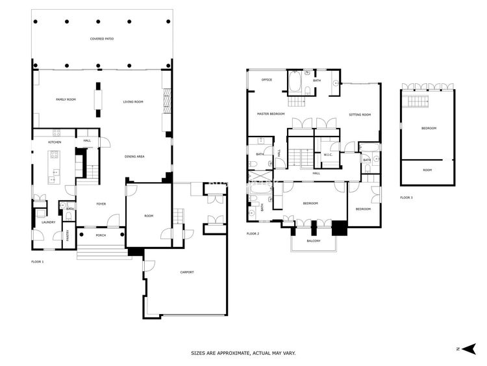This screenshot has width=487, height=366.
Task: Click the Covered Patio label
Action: click(x=102, y=39)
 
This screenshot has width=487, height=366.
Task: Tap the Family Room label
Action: click(x=66, y=99)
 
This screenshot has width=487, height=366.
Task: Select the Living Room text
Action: click(x=133, y=101)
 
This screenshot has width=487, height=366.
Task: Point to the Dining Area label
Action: click(x=134, y=157)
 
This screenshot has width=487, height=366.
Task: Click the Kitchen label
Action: click(x=55, y=142)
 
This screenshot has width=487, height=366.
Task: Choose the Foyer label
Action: click(x=101, y=204)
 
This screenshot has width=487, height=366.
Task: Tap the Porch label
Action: click(x=101, y=235)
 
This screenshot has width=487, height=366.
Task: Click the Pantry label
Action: click(x=68, y=235)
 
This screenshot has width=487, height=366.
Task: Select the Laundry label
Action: click(x=49, y=222)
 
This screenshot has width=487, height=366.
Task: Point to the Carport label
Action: click(x=187, y=272)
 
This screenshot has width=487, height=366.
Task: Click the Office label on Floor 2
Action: click(x=267, y=80)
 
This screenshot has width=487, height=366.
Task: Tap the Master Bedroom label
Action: click(x=271, y=114)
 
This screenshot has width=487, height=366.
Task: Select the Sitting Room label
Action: click(x=360, y=115)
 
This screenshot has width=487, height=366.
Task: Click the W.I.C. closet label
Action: click(x=329, y=155)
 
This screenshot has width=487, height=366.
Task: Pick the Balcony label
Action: click(x=314, y=241)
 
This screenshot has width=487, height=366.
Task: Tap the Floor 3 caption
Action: click(x=406, y=198)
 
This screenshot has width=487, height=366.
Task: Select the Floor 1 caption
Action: click(x=38, y=262)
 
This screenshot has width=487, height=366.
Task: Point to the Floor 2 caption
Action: click(x=253, y=233)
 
